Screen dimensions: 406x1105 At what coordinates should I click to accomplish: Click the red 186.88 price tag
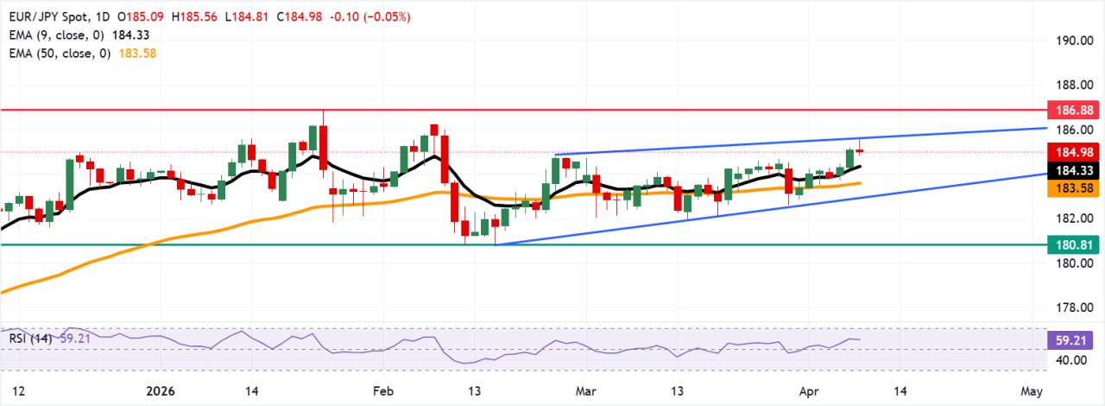(1074, 111)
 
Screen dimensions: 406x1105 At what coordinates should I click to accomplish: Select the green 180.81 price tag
(1074, 244)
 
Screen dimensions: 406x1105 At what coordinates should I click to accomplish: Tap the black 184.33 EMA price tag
(1074, 169)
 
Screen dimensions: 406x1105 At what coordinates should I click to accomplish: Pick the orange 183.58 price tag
(1074, 187)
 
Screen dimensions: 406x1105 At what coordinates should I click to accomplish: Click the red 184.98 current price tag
(1074, 152)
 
